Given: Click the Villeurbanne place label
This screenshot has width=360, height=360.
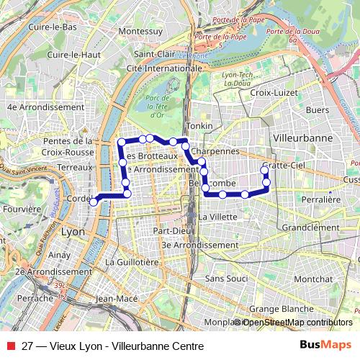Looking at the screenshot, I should (303, 137).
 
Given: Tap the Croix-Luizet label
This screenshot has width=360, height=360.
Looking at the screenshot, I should (273, 93).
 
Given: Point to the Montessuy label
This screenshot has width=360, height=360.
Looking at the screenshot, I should (140, 32).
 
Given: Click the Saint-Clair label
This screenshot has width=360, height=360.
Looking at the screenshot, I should (154, 54).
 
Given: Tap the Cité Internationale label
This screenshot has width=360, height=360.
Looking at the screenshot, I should (163, 68).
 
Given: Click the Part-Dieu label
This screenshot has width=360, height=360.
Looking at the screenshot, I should (170, 231).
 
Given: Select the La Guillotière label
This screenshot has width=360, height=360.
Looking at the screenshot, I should (132, 262).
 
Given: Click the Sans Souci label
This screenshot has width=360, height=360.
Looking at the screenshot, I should (226, 278).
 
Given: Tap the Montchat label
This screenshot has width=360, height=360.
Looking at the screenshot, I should (313, 279).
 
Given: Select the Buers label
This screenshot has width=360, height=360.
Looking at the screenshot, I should (317, 110).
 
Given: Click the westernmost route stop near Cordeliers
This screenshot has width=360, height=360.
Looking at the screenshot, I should (93, 202).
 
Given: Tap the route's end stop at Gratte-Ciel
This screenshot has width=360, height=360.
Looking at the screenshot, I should (264, 169).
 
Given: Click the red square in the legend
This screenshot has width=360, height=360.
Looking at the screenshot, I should (11, 346).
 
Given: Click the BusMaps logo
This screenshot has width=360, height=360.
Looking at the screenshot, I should (326, 346).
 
